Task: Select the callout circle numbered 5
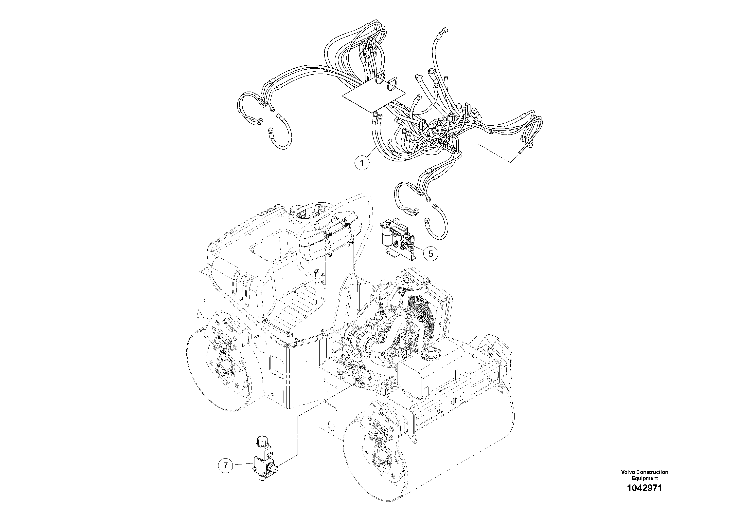(431, 253)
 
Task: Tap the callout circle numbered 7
(225, 465)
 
